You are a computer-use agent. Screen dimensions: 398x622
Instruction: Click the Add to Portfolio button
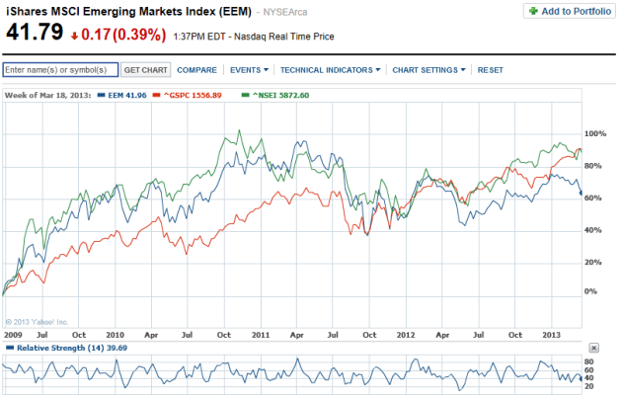pos(569,11)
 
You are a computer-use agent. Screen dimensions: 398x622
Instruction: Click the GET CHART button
pos(146,70)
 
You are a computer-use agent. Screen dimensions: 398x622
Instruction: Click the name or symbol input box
pos(60,70)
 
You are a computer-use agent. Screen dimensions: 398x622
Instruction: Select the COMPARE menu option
pos(196,70)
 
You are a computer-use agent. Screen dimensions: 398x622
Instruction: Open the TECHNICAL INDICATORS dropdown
pos(330,70)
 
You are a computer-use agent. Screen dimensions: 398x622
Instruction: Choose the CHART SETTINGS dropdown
pos(428,70)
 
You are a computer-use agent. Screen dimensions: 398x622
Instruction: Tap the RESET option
pos(491,70)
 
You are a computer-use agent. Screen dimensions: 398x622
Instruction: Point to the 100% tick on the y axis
pos(594,132)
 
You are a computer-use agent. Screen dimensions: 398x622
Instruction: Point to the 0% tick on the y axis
pos(590,292)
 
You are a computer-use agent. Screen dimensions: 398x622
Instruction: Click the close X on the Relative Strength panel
pos(592,349)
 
